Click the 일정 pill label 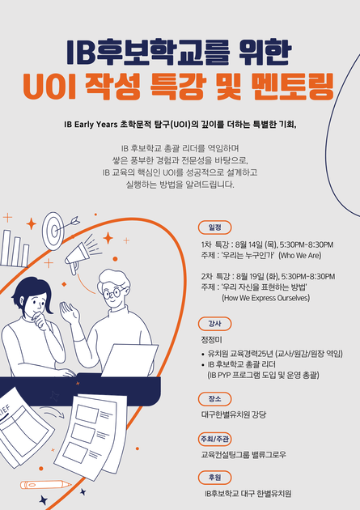[214, 227]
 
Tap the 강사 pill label [214, 324]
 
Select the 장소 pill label [214, 399]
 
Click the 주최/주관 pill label [214, 439]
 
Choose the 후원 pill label [214, 478]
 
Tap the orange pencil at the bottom [46, 485]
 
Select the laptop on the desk [130, 360]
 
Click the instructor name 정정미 [211, 340]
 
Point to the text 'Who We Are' [300, 255]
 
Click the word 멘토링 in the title [292, 87]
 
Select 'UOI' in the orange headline [49, 87]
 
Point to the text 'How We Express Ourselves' [266, 298]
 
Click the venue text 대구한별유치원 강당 [234, 414]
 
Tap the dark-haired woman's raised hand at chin [40, 318]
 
